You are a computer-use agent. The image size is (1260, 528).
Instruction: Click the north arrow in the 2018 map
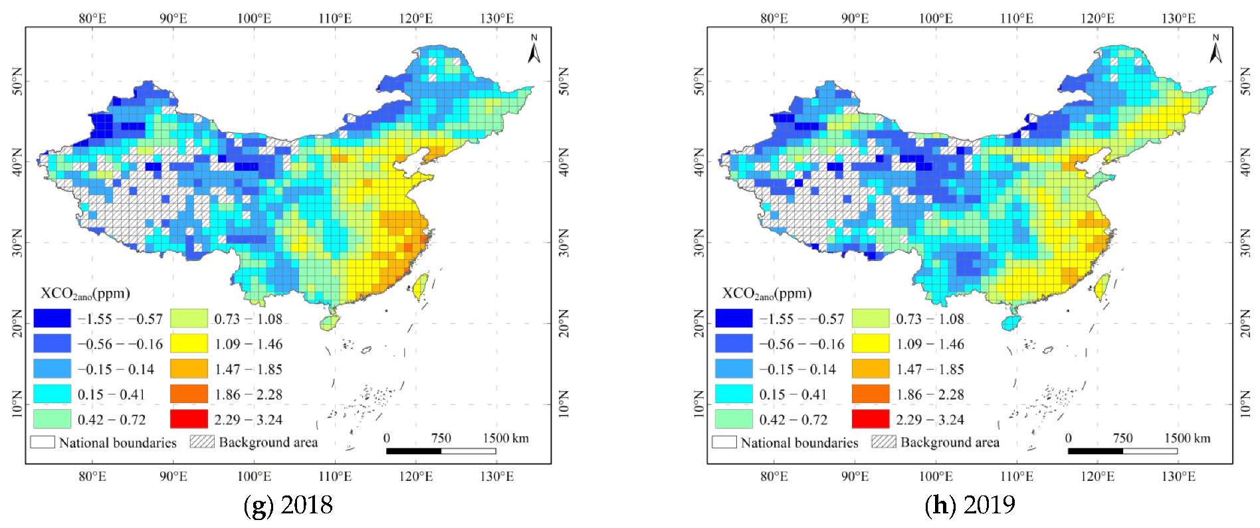534,49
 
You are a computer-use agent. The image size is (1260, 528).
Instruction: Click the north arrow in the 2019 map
1215,49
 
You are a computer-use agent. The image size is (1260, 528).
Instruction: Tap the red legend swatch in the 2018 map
189,419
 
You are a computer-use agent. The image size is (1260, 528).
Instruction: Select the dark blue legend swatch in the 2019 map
734,319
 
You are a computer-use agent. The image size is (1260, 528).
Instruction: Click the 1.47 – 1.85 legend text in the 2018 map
248,369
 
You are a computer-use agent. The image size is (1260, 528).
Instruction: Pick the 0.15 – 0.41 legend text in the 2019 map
793,395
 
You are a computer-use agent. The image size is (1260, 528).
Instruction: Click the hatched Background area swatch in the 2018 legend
202,442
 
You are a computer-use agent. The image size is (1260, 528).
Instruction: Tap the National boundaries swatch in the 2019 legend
724,442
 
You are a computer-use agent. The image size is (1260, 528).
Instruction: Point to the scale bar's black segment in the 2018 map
413,451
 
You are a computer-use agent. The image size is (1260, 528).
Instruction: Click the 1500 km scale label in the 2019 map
1187,438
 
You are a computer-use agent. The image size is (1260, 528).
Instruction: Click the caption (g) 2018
288,505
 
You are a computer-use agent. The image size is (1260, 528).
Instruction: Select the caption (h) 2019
970,505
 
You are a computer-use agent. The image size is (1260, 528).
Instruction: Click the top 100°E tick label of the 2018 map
254,19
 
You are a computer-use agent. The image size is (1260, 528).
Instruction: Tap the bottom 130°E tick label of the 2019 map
1178,476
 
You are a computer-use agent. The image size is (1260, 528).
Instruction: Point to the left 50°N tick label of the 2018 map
17,81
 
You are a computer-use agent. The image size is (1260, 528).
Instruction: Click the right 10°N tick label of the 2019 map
1245,404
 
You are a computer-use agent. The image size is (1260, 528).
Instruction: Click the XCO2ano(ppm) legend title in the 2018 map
85,294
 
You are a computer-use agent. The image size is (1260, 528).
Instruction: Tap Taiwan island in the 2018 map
420,287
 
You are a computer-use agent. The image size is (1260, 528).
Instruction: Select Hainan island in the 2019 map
1011,323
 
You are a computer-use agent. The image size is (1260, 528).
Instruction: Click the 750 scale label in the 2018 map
441,438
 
